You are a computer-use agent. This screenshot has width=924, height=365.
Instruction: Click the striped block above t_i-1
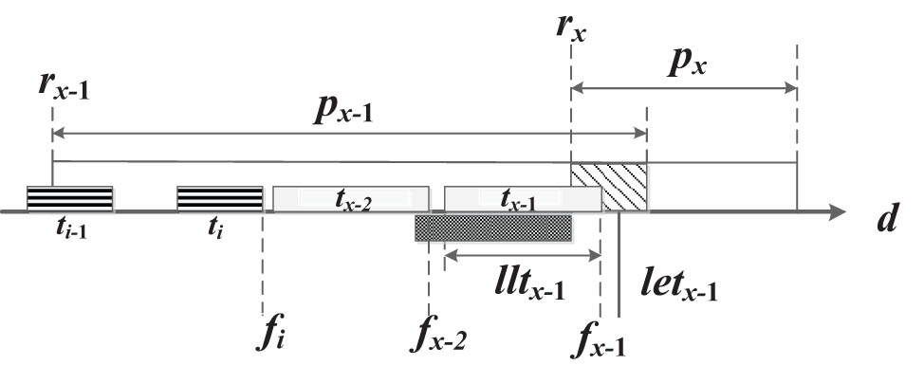[70, 197]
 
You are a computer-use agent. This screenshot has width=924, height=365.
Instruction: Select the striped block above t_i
[220, 197]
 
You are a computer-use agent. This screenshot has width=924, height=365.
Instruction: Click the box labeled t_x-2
[350, 197]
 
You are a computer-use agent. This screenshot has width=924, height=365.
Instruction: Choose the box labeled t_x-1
[522, 197]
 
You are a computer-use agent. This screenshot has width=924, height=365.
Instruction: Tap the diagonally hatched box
[609, 185]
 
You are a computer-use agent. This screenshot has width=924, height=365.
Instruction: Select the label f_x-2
[441, 336]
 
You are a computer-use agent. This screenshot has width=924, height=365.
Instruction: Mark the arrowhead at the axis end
[837, 211]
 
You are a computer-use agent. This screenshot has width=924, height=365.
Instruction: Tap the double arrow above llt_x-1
[522, 255]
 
